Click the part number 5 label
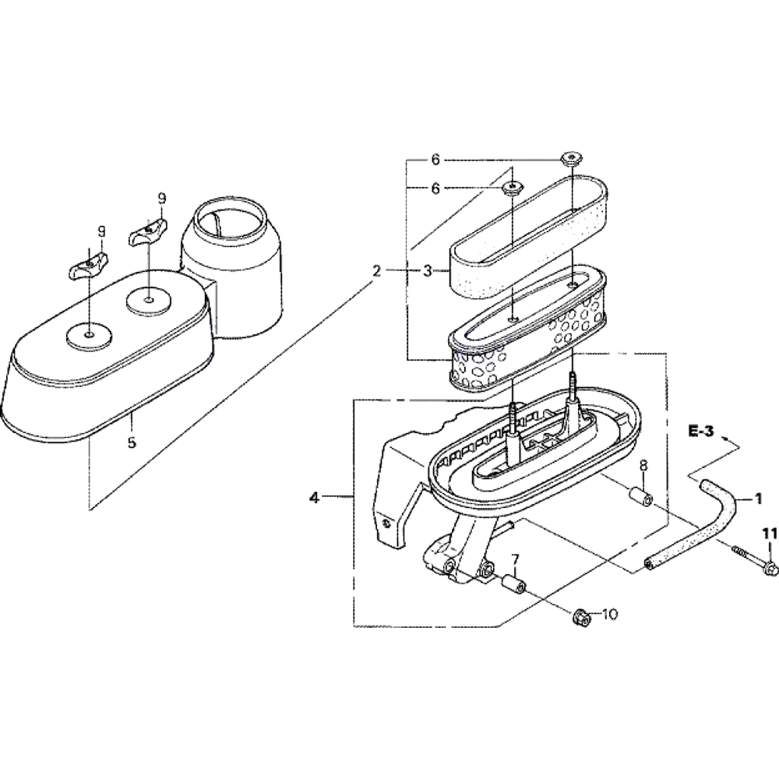(132, 442)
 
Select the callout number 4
(315, 497)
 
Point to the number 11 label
(770, 533)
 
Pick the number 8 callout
(644, 466)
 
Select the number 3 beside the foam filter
(428, 271)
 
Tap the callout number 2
(378, 271)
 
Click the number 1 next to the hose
(758, 499)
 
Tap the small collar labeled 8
(640, 495)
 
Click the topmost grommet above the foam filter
(573, 159)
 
